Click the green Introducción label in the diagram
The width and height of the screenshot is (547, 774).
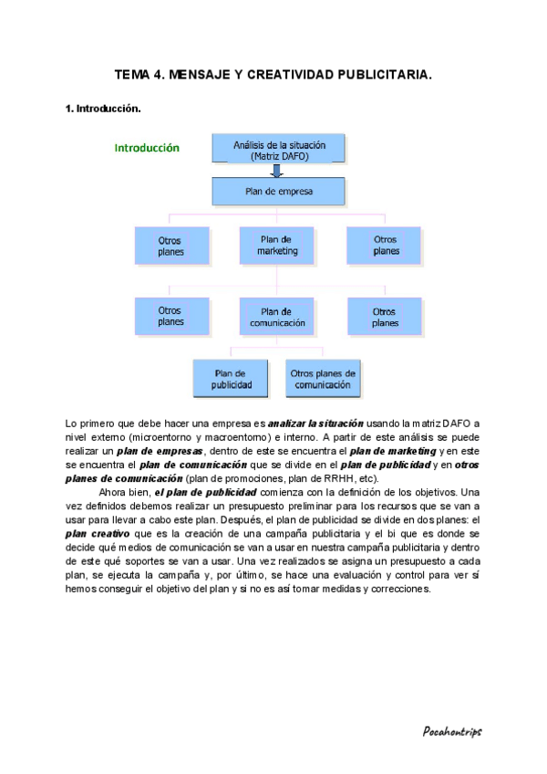(147, 148)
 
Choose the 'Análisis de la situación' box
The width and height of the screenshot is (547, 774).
(279, 151)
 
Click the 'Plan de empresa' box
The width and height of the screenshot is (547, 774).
(279, 192)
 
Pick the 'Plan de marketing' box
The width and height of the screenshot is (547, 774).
(278, 245)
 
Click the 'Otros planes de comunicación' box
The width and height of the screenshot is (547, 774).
(323, 379)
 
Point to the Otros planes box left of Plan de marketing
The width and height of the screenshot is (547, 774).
(170, 246)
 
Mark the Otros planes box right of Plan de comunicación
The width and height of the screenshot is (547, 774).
(385, 317)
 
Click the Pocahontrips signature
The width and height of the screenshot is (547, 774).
(452, 731)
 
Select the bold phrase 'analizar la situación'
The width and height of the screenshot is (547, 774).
(315, 424)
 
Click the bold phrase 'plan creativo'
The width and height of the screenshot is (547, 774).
(96, 533)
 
